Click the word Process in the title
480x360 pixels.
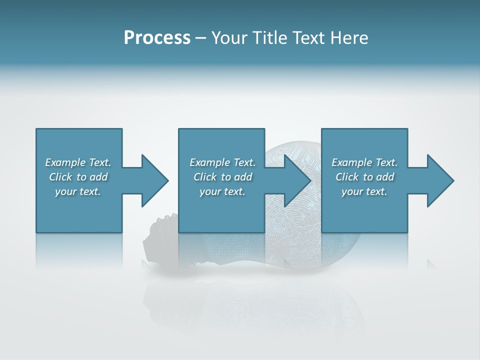[157, 38]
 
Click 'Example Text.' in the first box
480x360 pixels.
[78, 162]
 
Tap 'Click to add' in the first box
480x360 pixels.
[78, 177]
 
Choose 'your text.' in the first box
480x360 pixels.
[78, 191]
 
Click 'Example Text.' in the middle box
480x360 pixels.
[222, 162]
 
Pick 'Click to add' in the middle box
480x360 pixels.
[222, 177]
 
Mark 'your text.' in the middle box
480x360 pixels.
[222, 191]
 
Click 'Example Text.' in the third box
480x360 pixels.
[364, 162]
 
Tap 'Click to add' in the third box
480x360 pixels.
[364, 177]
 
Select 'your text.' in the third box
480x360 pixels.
[364, 191]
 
